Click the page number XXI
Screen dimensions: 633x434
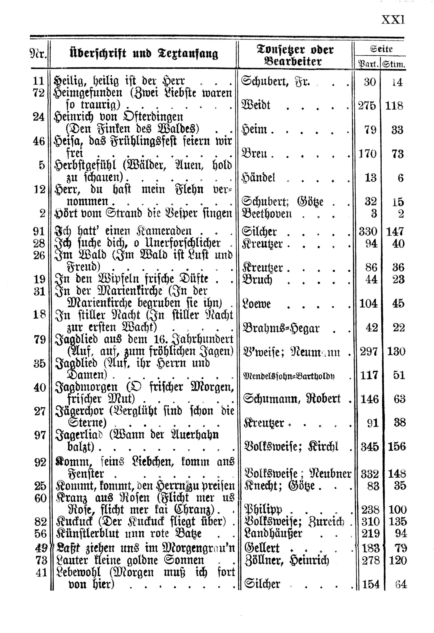393,20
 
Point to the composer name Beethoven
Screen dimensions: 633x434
267,213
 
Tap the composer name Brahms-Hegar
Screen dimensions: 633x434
280,328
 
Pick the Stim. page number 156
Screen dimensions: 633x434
396,447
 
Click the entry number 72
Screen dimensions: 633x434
38,93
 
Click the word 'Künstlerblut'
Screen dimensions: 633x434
87,534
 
